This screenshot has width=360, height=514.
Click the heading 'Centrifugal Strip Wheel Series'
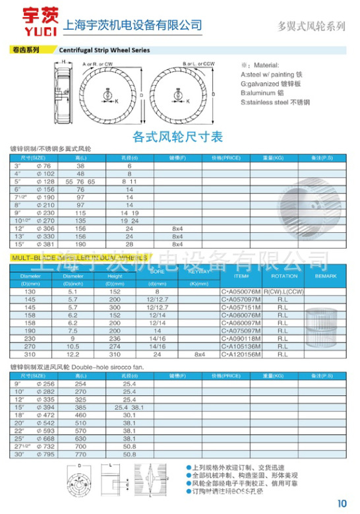click(104, 50)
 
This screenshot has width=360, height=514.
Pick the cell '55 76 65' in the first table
click(81, 181)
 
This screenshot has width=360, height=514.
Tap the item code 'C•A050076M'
click(241, 291)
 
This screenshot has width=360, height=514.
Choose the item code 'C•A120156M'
click(241, 354)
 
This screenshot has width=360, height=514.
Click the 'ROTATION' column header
click(284, 276)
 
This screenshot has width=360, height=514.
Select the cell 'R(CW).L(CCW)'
click(284, 291)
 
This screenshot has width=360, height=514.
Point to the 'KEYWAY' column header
click(200, 271)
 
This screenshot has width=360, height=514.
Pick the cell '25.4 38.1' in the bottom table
click(130, 406)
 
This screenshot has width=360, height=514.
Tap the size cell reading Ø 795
click(38, 454)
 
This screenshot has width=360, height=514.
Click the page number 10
click(342, 503)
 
